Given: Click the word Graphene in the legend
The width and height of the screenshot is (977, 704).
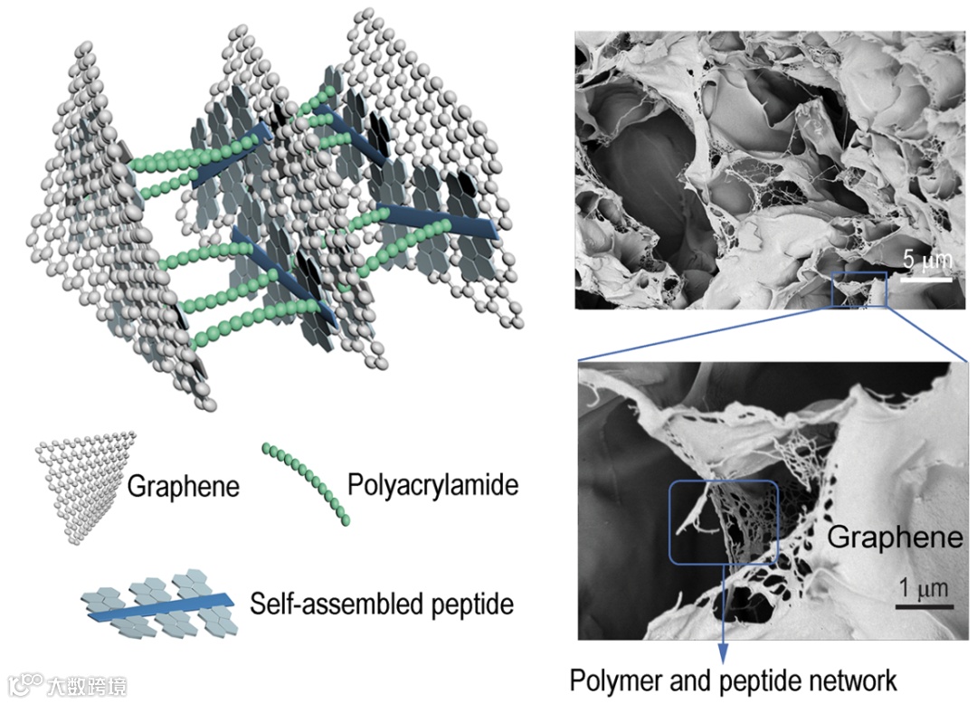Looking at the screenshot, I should click(184, 487).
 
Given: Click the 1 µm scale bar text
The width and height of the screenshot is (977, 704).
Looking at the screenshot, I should click(922, 589).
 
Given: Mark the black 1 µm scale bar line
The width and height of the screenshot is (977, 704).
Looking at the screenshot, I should click(922, 605).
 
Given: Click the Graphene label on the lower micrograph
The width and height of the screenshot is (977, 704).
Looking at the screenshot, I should click(896, 538).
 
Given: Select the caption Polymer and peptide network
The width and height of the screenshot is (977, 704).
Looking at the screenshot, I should click(733, 680).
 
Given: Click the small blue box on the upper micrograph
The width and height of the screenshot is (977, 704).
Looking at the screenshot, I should click(859, 289).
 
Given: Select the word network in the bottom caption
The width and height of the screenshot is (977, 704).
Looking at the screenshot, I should click(858, 680).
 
